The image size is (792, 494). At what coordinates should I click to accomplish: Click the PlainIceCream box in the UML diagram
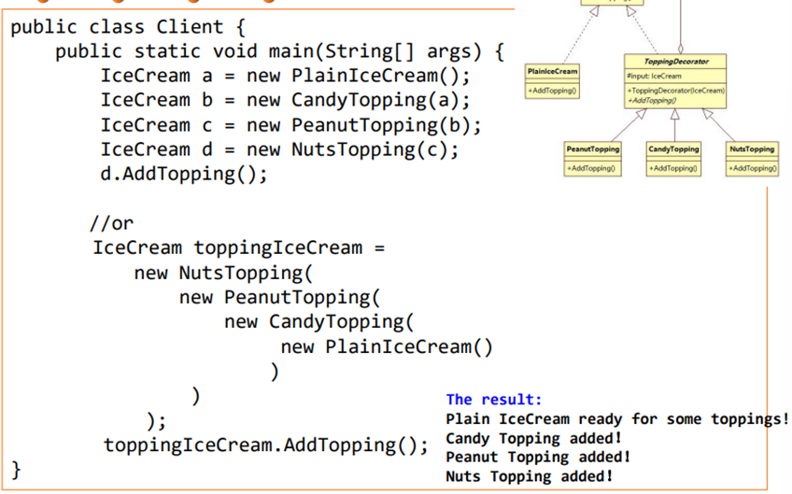(552, 81)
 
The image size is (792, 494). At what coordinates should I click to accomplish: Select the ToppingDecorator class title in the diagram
(676, 61)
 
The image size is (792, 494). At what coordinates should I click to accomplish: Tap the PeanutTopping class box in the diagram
(592, 158)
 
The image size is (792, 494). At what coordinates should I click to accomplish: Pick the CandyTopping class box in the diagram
(673, 158)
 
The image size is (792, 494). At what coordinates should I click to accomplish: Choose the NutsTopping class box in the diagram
(752, 158)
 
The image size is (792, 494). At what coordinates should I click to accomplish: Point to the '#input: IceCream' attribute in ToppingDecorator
(655, 75)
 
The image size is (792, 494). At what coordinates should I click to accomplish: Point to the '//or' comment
(112, 223)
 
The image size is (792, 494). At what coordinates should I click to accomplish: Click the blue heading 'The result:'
(493, 399)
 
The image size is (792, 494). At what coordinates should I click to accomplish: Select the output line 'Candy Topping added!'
(533, 438)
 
